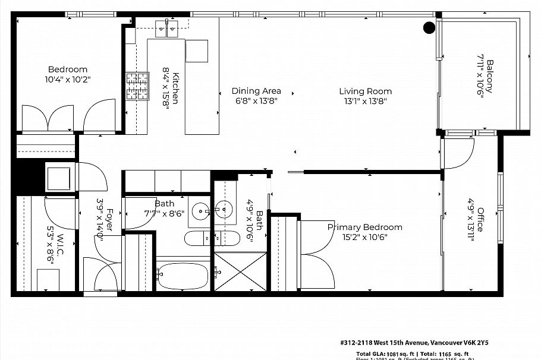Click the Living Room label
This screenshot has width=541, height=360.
click(365, 91)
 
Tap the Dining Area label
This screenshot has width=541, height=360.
click(256, 91)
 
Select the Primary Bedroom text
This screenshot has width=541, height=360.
click(364, 227)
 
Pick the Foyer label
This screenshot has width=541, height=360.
click(109, 218)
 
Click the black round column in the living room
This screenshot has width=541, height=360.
click(428, 27)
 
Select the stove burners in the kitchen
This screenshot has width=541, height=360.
click(137, 86)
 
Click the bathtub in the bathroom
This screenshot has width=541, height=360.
click(183, 276)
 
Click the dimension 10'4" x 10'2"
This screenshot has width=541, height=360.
click(68, 79)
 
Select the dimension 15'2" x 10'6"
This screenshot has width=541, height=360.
click(364, 237)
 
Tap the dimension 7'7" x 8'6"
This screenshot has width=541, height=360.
click(164, 213)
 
